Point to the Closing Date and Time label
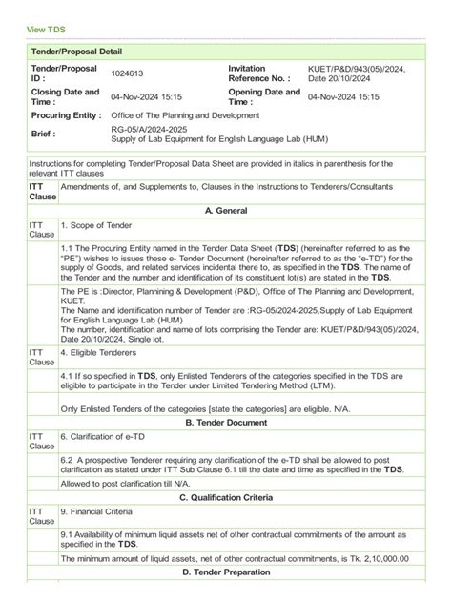(x=65, y=96)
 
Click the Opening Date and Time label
(x=264, y=96)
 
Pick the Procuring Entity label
(x=66, y=114)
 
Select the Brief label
(x=44, y=135)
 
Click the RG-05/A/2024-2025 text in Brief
(x=151, y=130)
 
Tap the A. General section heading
(x=226, y=209)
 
